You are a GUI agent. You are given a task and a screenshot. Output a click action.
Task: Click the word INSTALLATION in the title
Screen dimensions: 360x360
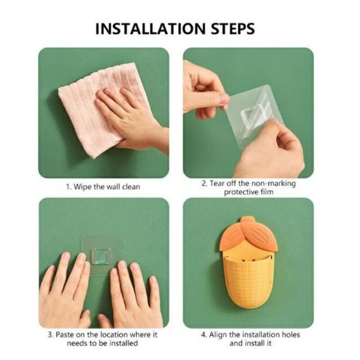pyautogui.click(x=150, y=29)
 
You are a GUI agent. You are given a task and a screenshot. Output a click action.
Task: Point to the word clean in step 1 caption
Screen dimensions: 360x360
pyautogui.click(x=131, y=187)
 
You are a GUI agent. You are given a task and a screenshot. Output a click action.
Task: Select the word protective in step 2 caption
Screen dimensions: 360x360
pyautogui.click(x=241, y=192)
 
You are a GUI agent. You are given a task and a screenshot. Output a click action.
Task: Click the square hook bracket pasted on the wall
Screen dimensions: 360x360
pyautogui.click(x=101, y=256)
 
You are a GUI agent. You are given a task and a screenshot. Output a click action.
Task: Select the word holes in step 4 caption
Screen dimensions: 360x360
pyautogui.click(x=290, y=334)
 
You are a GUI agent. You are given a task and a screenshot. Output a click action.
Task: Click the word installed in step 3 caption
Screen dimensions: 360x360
pyautogui.click(x=123, y=343)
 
